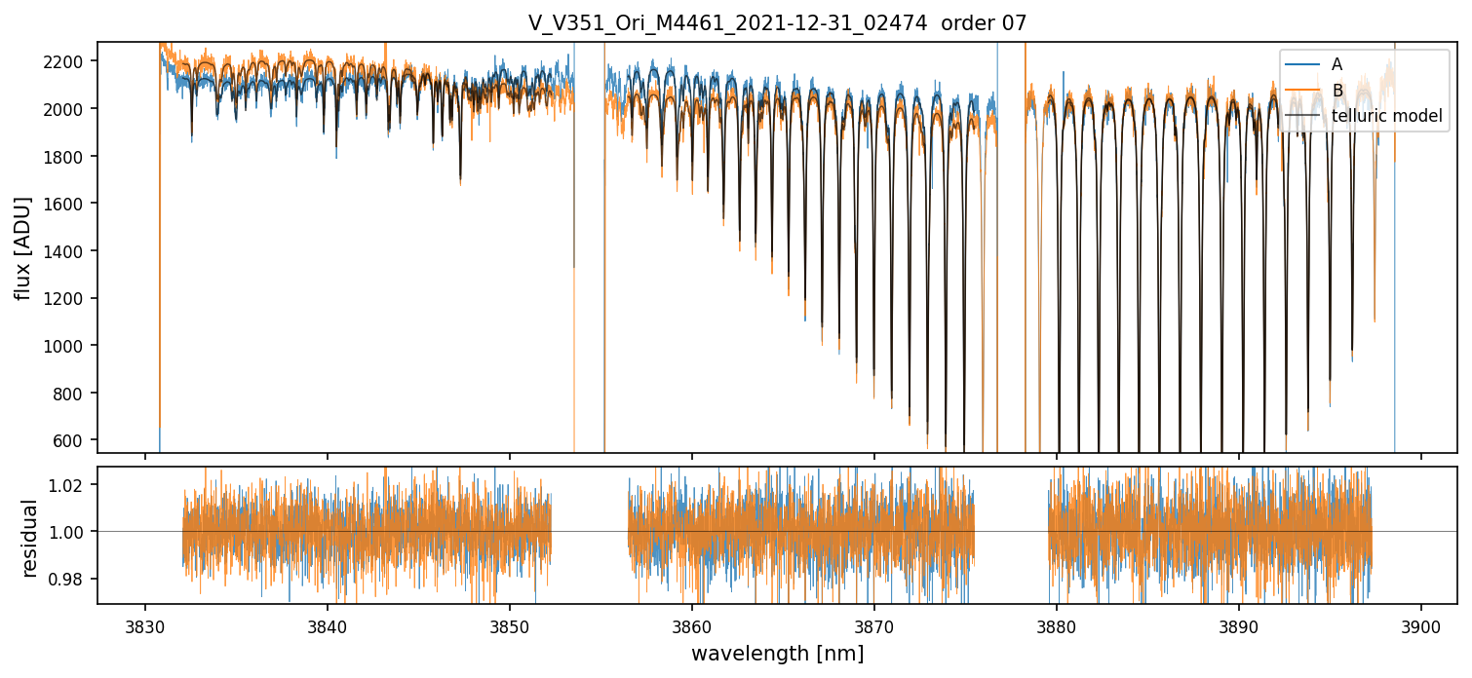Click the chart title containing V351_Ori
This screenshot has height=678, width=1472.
(x=777, y=23)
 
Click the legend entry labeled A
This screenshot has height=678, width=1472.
(x=1336, y=64)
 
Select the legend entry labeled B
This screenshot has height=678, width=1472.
(x=1336, y=91)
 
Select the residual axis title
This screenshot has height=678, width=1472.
(x=29, y=538)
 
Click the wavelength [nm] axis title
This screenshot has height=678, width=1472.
(x=777, y=654)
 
